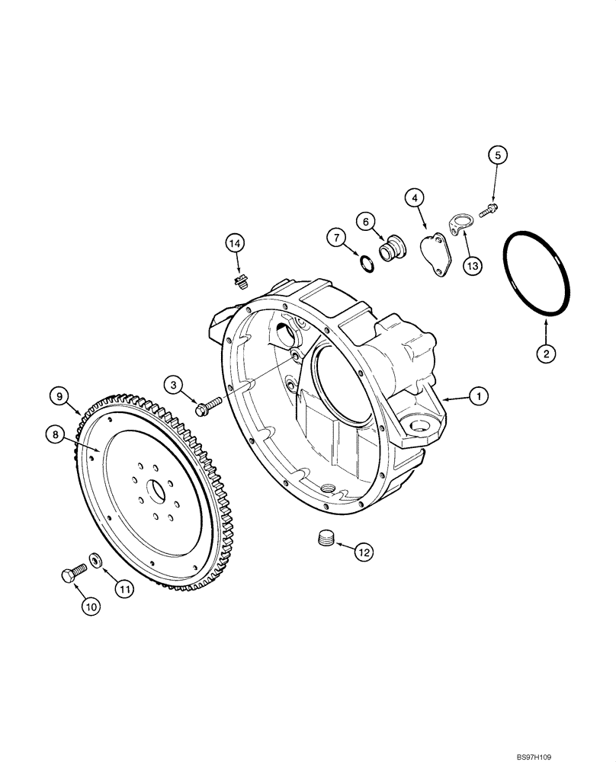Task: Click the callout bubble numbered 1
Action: (478, 395)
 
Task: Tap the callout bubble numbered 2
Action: (545, 353)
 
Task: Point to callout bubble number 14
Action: (235, 243)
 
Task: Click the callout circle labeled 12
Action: (363, 553)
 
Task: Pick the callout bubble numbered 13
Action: (472, 265)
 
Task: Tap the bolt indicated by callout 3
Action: (208, 408)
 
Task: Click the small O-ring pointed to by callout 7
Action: (366, 263)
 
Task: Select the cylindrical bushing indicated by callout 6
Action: (393, 250)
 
